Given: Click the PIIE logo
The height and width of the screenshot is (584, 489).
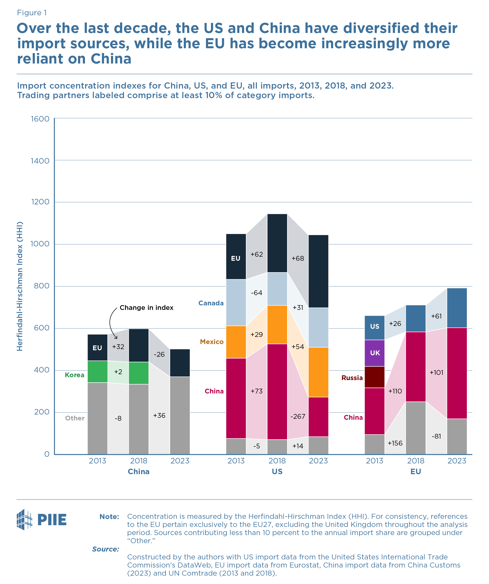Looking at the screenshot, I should [x=42, y=520].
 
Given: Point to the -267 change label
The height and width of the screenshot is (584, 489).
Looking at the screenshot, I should [x=298, y=416].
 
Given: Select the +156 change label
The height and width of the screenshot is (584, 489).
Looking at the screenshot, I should [x=395, y=443].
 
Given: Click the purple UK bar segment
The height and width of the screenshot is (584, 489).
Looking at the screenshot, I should [x=374, y=353].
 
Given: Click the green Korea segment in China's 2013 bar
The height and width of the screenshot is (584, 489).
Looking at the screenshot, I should [x=97, y=372].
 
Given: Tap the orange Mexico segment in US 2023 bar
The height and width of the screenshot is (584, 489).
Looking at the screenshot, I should [x=318, y=372].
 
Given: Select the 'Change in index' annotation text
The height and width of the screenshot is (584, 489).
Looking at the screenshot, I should [x=147, y=308].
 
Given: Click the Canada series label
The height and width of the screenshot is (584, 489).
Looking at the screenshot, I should [x=211, y=303].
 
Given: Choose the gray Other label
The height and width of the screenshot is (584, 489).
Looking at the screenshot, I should [x=75, y=418].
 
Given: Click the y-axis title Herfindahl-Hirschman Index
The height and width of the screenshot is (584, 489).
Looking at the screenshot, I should [x=20, y=286].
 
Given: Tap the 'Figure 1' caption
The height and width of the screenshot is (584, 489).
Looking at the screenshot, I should [x=32, y=13].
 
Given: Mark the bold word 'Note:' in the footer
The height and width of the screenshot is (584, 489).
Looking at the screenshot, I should [x=109, y=517].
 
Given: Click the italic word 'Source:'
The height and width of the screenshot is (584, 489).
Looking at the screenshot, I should [x=106, y=549].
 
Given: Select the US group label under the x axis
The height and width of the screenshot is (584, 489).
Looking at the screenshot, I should [x=277, y=472].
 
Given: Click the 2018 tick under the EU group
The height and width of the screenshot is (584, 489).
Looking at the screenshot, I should [x=415, y=461].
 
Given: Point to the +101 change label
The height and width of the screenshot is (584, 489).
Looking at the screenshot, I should [x=436, y=372].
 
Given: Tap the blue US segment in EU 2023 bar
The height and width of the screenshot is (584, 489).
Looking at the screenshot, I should [x=457, y=308].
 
